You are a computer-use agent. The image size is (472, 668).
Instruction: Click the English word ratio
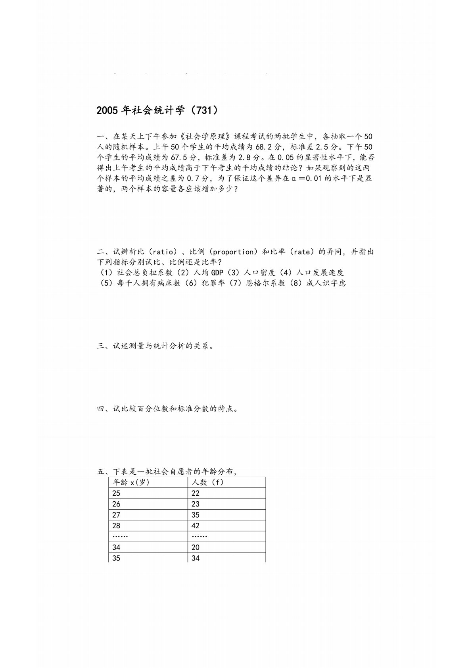pyautogui.click(x=163, y=252)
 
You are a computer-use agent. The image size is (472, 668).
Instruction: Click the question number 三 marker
pyautogui.click(x=101, y=346)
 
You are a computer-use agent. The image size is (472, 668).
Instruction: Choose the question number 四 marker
pyautogui.click(x=101, y=409)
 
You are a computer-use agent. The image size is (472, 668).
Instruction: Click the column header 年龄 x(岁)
pyautogui.click(x=131, y=482)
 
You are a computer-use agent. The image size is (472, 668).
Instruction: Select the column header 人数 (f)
pyautogui.click(x=207, y=482)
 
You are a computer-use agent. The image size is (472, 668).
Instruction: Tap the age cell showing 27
pyautogui.click(x=116, y=515)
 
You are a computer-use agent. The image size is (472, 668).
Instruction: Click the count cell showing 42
pyautogui.click(x=196, y=526)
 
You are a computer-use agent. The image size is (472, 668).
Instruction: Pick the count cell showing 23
pyautogui.click(x=196, y=504)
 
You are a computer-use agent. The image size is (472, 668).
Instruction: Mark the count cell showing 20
pyautogui.click(x=196, y=547)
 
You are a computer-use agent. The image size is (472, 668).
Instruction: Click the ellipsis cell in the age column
pyautogui.click(x=120, y=536)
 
